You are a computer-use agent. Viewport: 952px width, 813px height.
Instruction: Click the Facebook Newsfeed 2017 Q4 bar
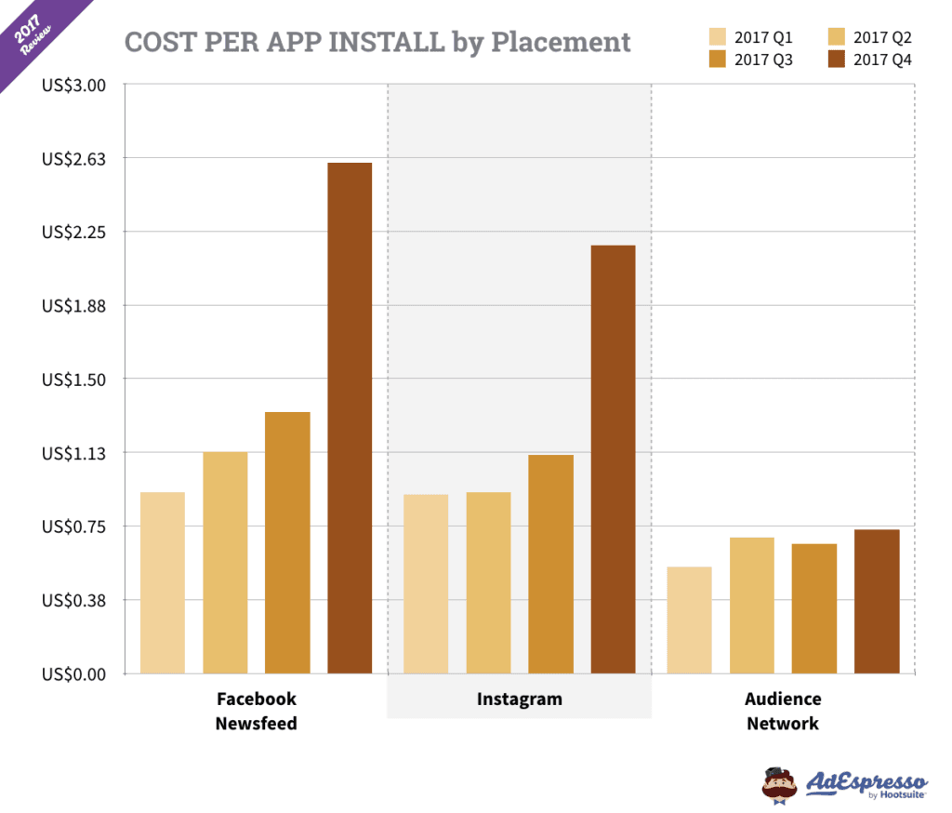tap(350, 418)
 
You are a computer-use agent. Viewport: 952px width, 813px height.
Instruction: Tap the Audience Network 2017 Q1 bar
tap(690, 620)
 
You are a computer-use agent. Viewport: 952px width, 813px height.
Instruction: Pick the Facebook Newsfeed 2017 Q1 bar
tap(163, 582)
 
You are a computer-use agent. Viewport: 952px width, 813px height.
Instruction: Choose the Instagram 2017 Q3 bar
tap(550, 564)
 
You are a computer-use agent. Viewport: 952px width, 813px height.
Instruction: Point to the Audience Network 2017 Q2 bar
tap(752, 605)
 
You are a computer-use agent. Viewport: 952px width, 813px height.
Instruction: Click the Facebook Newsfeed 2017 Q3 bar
tap(287, 542)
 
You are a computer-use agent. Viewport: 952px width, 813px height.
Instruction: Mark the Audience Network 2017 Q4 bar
tap(877, 601)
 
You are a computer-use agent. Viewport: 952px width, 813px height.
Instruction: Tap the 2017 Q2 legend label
tap(882, 38)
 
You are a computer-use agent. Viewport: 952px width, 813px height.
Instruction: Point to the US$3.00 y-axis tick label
tap(74, 86)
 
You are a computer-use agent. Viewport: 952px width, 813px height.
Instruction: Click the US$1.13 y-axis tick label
tap(74, 453)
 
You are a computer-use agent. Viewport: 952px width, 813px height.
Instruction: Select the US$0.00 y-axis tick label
tap(74, 673)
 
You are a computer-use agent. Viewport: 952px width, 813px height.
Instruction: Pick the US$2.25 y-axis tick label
tap(74, 233)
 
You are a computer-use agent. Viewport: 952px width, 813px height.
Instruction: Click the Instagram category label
tap(519, 699)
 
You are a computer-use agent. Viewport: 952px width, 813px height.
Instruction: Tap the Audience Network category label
tap(783, 711)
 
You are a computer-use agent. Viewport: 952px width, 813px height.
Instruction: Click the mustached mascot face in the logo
tap(779, 783)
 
